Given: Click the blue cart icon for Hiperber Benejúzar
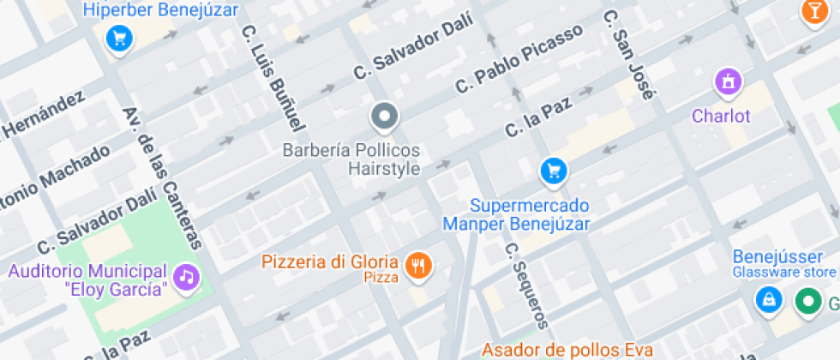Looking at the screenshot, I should coord(118,37).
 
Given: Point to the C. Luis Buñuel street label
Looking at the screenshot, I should coord(273,77).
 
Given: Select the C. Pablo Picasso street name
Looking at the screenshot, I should coord(519,58).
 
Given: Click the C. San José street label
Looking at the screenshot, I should coord(629,55).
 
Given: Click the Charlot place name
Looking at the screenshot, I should coord(721,116).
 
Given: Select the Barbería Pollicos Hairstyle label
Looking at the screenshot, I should coord(352,159).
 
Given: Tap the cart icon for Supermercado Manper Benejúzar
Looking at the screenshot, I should coord(554,171).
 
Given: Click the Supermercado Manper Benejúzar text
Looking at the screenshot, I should coord(517,215).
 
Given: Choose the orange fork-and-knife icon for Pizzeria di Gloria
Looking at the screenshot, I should coord(418,266).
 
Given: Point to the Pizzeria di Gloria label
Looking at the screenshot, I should coord(330,261).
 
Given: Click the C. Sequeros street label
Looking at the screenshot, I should coord(525,285).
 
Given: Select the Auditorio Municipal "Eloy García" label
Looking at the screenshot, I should coord(87,279).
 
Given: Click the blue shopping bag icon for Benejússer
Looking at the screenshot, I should coord(768,300).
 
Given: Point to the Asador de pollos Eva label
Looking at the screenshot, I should coord(567,350).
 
